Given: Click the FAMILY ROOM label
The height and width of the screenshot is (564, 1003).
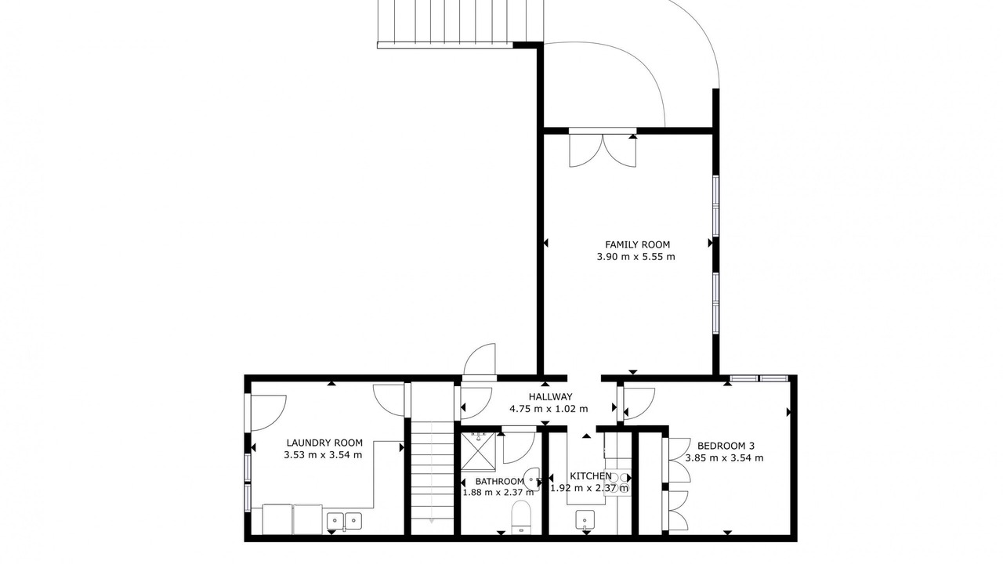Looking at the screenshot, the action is [637, 244].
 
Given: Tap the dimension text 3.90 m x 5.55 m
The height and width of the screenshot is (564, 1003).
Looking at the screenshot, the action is [635, 257].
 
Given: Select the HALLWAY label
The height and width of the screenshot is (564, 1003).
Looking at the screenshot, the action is [550, 396].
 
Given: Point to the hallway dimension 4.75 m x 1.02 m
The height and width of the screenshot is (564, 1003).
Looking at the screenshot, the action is [549, 409].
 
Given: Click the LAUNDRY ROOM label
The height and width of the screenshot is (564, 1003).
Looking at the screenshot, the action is [324, 443].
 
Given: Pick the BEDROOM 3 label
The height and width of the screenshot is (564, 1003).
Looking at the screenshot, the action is [726, 446].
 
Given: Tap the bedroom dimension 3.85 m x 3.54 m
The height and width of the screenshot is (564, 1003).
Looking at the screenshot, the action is [725, 458].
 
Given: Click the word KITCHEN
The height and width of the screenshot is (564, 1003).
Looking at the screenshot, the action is [591, 475].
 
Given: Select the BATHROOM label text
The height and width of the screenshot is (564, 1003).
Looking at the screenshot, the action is [500, 482].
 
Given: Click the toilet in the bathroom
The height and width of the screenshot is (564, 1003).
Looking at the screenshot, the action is [521, 517].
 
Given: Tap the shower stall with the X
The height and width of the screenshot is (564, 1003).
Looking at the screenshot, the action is [478, 451].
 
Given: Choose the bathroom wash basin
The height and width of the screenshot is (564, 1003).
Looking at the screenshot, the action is [532, 479].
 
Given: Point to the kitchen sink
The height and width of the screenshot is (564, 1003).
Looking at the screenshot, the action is [585, 519].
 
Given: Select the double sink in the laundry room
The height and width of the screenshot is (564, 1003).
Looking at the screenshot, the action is [344, 521].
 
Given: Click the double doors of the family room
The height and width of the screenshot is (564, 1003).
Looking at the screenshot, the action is [603, 150].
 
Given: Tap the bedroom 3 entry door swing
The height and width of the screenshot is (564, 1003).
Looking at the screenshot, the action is [639, 403].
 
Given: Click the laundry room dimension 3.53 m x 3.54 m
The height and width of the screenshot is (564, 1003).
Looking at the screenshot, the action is [323, 455].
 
